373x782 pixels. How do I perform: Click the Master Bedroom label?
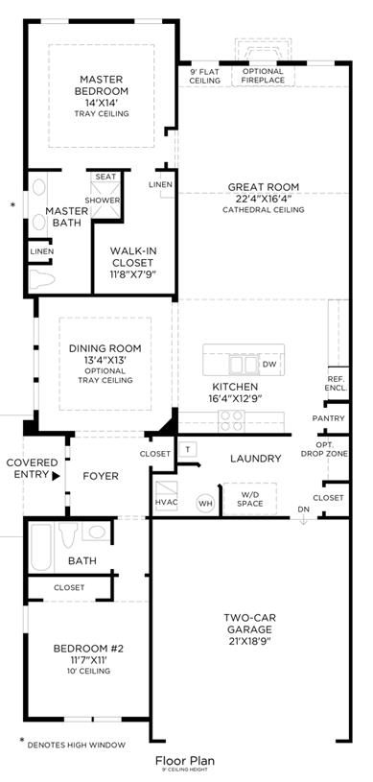click(102, 84)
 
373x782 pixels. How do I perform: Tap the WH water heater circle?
click(205, 504)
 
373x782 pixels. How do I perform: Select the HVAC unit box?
click(166, 495)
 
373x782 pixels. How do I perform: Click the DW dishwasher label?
click(269, 364)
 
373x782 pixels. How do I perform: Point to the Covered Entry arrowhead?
click(56, 476)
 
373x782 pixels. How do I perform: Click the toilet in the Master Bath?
click(42, 279)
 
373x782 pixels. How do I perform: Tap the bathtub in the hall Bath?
click(40, 547)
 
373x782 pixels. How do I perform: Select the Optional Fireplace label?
click(263, 75)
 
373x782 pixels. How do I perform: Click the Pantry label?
click(328, 418)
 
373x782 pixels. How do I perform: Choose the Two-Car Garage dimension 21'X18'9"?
click(247, 641)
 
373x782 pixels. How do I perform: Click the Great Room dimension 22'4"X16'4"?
click(264, 199)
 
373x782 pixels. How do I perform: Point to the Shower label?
click(103, 200)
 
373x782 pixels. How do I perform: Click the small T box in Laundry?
click(188, 449)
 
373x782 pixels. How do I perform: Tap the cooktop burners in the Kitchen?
click(231, 420)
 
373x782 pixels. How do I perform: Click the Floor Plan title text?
click(185, 761)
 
